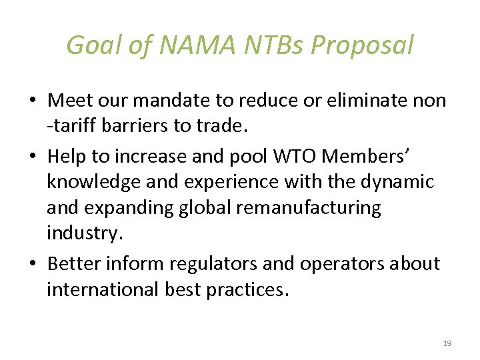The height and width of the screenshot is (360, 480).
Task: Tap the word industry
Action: coord(82,233)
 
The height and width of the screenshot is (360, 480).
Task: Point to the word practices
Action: coord(246,290)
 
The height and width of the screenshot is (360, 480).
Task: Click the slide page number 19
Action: coord(447,343)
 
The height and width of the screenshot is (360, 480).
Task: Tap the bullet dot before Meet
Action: coord(32,101)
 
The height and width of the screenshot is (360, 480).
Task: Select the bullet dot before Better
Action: coord(32,264)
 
